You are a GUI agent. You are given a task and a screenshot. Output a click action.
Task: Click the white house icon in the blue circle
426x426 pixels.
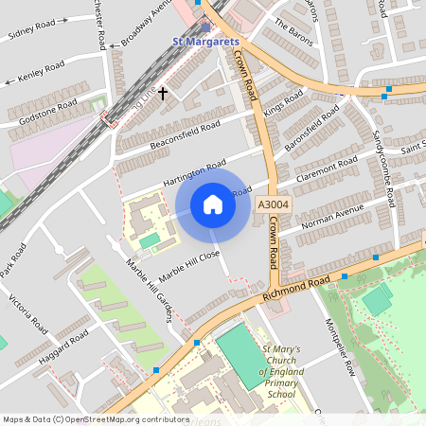tap(213, 204)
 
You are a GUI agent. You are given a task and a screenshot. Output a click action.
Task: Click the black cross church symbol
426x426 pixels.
tap(163, 93)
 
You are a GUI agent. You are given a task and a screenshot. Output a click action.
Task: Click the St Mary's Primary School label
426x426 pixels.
tap(281, 371)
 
